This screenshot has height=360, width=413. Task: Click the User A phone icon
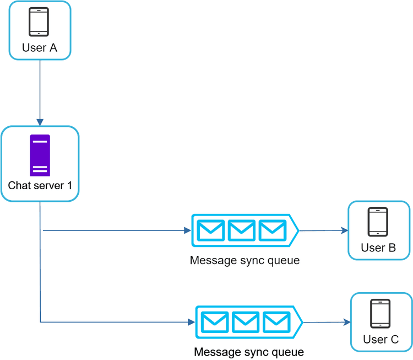point(39,22)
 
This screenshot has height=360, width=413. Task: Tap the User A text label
point(39,48)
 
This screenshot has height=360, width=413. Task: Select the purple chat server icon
point(40,155)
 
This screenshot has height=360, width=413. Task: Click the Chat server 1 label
point(40,185)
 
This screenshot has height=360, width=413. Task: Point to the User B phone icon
point(378,222)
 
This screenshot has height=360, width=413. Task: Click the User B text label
point(378,248)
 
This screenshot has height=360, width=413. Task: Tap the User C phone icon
point(381,314)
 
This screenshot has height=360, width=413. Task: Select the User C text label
point(381,340)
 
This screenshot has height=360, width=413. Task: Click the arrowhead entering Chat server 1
point(40,121)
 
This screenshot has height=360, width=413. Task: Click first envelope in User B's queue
point(211,230)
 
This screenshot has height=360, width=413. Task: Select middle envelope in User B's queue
point(242,230)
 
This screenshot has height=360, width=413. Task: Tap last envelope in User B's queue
point(272,230)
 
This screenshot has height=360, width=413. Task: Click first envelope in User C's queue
point(215,322)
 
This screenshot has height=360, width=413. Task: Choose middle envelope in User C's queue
point(246,322)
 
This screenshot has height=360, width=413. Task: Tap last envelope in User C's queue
point(276,322)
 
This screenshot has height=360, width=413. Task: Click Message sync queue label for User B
point(244,260)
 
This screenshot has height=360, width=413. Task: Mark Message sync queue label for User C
point(249,352)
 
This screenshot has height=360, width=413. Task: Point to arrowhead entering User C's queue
point(192,322)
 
